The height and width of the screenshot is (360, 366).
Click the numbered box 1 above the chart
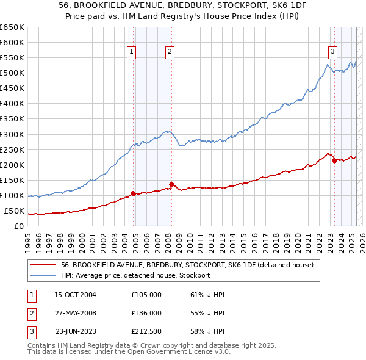pyautogui.click(x=132, y=52)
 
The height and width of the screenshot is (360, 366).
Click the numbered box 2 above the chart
pyautogui.click(x=169, y=52)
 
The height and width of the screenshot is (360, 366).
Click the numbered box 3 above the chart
pyautogui.click(x=332, y=52)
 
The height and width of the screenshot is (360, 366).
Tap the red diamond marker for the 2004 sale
pyautogui.click(x=134, y=194)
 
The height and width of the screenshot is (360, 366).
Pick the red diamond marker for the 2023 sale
pyautogui.click(x=334, y=161)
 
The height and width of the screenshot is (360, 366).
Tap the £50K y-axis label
pyautogui.click(x=14, y=211)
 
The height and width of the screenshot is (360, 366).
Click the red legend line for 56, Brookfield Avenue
pyautogui.click(x=44, y=265)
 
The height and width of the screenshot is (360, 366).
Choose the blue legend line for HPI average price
pyautogui.click(x=44, y=275)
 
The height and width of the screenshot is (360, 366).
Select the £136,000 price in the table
pyautogui.click(x=146, y=313)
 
